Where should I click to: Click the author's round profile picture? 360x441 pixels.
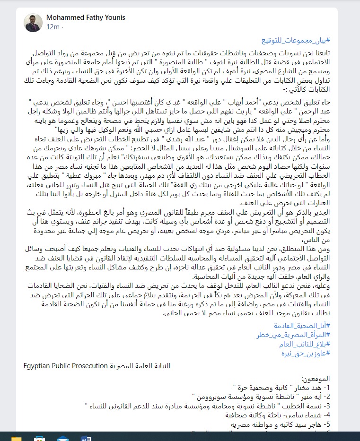pyautogui.click(x=34, y=22)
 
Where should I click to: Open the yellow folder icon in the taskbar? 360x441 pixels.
pyautogui.click(x=17, y=438)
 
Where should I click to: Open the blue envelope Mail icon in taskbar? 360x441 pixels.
pyautogui.click(x=62, y=438)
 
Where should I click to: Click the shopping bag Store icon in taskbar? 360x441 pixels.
pyautogui.click(x=40, y=438)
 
